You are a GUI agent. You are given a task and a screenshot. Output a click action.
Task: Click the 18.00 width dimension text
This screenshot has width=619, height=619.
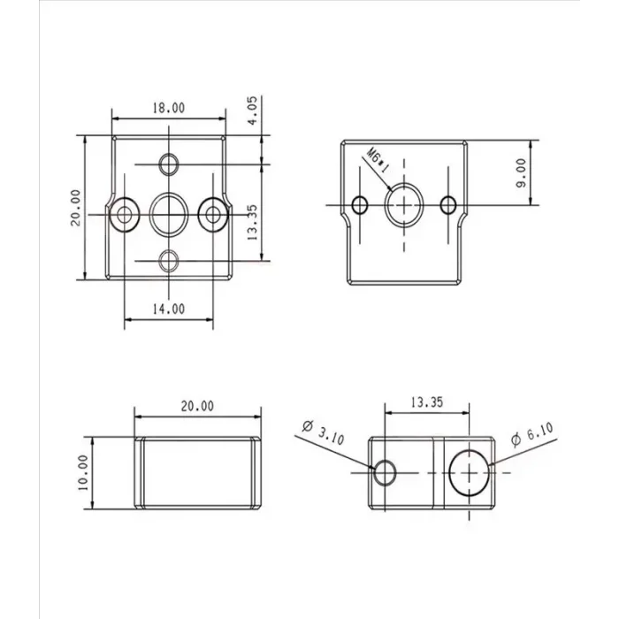pos(168,108)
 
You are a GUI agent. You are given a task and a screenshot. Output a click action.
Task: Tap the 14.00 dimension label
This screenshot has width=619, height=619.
pos(168,309)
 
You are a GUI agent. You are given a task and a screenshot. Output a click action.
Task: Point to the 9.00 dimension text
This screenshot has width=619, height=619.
pos(521,172)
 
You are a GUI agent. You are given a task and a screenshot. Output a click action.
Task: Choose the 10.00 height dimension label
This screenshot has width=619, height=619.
pos(83,472)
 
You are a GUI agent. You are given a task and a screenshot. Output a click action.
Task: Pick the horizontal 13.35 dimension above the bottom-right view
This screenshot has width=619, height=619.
pos(426,401)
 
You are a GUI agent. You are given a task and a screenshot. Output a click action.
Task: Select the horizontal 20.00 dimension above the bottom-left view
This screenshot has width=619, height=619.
pos(196,406)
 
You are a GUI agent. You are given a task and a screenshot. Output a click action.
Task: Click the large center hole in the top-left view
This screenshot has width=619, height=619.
pos(168,212)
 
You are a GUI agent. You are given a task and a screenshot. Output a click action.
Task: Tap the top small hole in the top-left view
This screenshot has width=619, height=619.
pos(169,164)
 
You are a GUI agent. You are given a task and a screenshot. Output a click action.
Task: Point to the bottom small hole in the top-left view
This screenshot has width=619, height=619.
pos(169,261)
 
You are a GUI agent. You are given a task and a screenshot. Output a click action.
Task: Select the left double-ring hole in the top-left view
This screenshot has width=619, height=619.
pos(125,212)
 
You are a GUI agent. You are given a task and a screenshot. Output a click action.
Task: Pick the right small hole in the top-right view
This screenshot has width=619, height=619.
pos(449,206)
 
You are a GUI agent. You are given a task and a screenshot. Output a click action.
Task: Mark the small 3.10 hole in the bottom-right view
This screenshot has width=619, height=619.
pos(385,472)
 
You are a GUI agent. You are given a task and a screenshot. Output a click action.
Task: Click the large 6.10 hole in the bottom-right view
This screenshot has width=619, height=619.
pos(468,471)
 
